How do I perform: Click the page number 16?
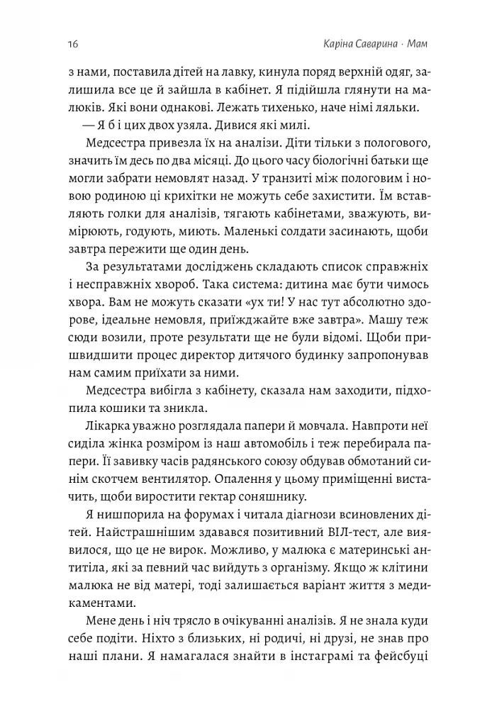(73, 45)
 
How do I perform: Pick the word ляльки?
(398, 108)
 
